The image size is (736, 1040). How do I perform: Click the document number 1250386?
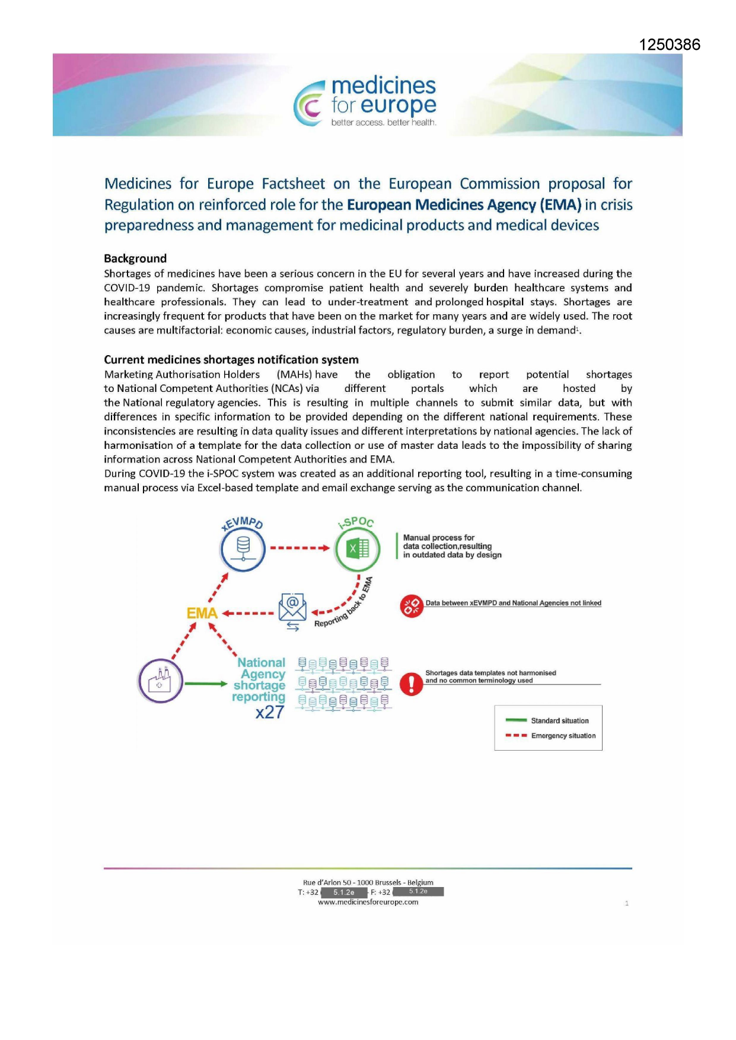pyautogui.click(x=669, y=44)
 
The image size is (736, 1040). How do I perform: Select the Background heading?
pyautogui.click(x=135, y=259)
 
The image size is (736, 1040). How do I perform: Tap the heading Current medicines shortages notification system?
pyautogui.click(x=231, y=359)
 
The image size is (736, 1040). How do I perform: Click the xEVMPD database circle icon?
pyautogui.click(x=243, y=548)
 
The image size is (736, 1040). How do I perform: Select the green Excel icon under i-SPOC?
pyautogui.click(x=357, y=548)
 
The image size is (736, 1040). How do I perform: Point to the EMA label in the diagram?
pyautogui.click(x=202, y=613)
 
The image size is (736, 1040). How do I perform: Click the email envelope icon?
pyautogui.click(x=292, y=608)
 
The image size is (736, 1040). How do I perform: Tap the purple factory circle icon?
pyautogui.click(x=160, y=681)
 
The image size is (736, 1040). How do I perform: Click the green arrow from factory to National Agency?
pyautogui.click(x=205, y=684)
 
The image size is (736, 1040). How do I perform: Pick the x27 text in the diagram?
pyautogui.click(x=270, y=712)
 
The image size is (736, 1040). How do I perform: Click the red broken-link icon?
pyautogui.click(x=412, y=606)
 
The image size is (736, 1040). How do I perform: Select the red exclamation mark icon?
pyautogui.click(x=412, y=684)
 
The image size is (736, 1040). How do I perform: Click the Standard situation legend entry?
pyautogui.click(x=559, y=721)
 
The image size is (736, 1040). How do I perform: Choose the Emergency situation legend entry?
pyautogui.click(x=563, y=736)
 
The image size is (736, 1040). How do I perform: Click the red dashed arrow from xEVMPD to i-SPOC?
pyautogui.click(x=300, y=548)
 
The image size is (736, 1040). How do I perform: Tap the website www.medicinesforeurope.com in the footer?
pyautogui.click(x=368, y=902)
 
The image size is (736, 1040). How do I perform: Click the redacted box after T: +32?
pyautogui.click(x=343, y=892)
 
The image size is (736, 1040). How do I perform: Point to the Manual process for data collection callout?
pyautogui.click(x=452, y=546)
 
